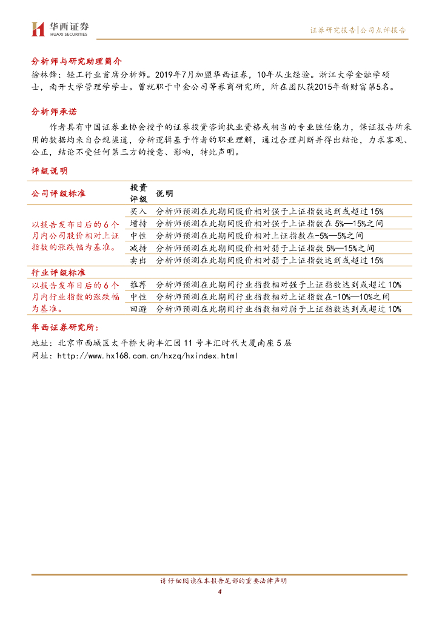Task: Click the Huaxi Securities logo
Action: pos(59,29)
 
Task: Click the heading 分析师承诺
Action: pos(53,112)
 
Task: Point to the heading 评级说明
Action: pos(49,172)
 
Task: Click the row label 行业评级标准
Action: pos(58,273)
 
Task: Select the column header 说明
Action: pos(164,193)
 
